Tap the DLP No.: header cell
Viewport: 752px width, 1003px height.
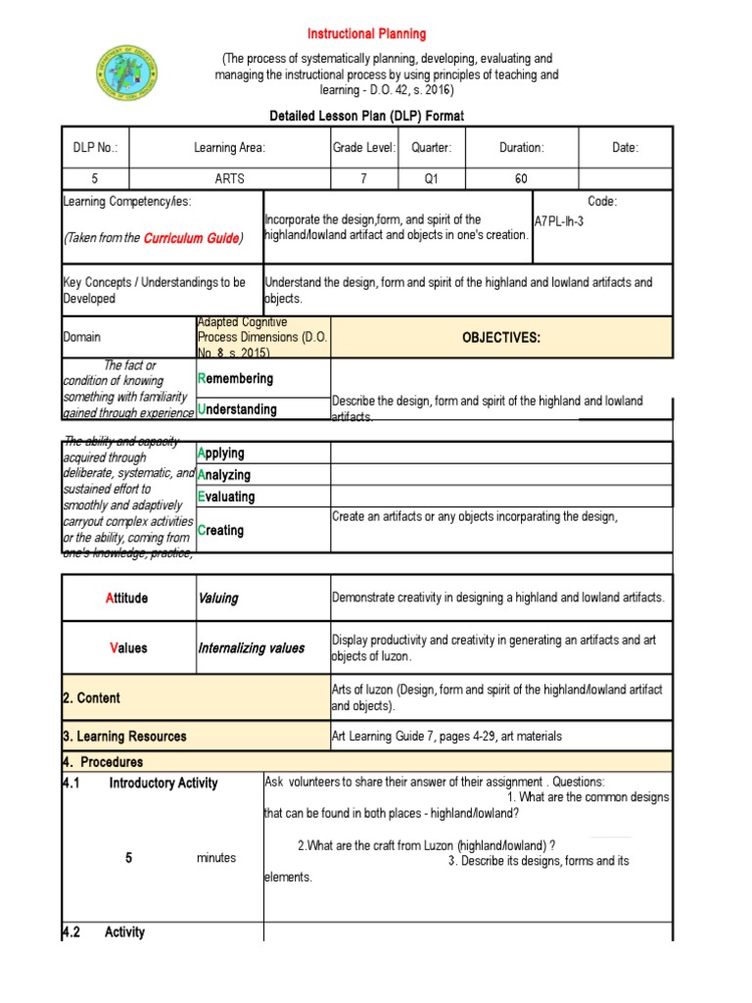[x=95, y=148]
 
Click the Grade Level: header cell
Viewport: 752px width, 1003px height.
[x=363, y=148]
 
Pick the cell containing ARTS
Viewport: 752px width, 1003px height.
[x=229, y=179]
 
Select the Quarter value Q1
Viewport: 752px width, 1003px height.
[x=432, y=179]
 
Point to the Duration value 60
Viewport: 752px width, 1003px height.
[x=521, y=179]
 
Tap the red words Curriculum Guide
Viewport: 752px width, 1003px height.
[x=190, y=238]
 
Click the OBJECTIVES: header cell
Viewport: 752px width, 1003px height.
[x=501, y=338]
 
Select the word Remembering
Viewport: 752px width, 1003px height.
[x=235, y=378]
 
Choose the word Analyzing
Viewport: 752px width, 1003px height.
[x=224, y=475]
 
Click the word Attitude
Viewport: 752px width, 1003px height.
[x=126, y=597]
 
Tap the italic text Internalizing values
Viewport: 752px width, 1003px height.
[x=251, y=647]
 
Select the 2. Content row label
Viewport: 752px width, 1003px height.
[x=92, y=697]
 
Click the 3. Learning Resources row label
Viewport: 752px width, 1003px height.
[x=124, y=737]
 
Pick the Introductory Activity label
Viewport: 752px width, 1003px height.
[x=164, y=784]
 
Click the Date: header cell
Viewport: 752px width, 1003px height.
[x=625, y=148]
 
